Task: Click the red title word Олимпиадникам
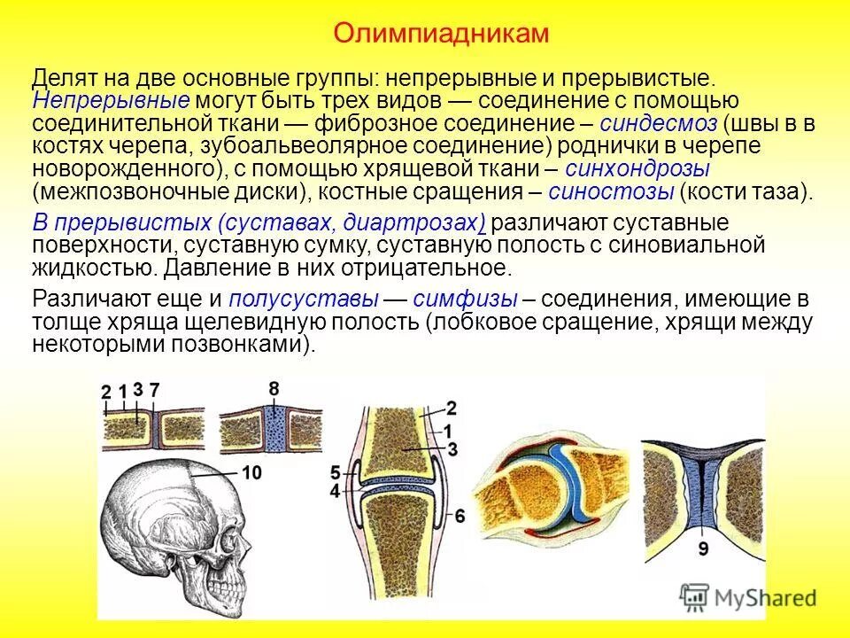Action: click(x=441, y=34)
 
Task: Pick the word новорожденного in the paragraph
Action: click(x=124, y=168)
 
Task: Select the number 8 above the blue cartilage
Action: click(x=274, y=387)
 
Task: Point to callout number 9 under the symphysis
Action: click(x=702, y=549)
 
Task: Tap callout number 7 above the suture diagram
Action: click(x=154, y=391)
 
